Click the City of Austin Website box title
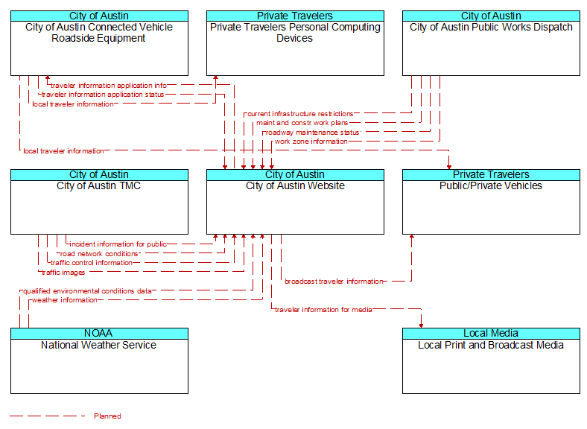coord(295,186)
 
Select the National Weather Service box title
coord(99,345)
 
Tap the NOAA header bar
coord(99,334)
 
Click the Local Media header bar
coord(491,334)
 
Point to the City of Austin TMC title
coord(99,186)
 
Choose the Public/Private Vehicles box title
coord(491,186)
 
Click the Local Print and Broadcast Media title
coord(491,345)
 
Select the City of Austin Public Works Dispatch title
coord(491,28)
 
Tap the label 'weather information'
coord(65,300)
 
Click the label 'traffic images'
coord(63,273)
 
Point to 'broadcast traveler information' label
coord(334,282)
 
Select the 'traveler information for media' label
coord(323,310)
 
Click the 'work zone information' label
coord(311,142)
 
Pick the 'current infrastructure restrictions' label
coord(300,114)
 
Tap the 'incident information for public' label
coord(118,244)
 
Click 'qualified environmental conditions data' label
coord(88,291)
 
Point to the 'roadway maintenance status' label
coord(312,133)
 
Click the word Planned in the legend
coord(107,416)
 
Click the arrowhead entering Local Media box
coord(421,325)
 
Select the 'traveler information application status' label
coord(103,95)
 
